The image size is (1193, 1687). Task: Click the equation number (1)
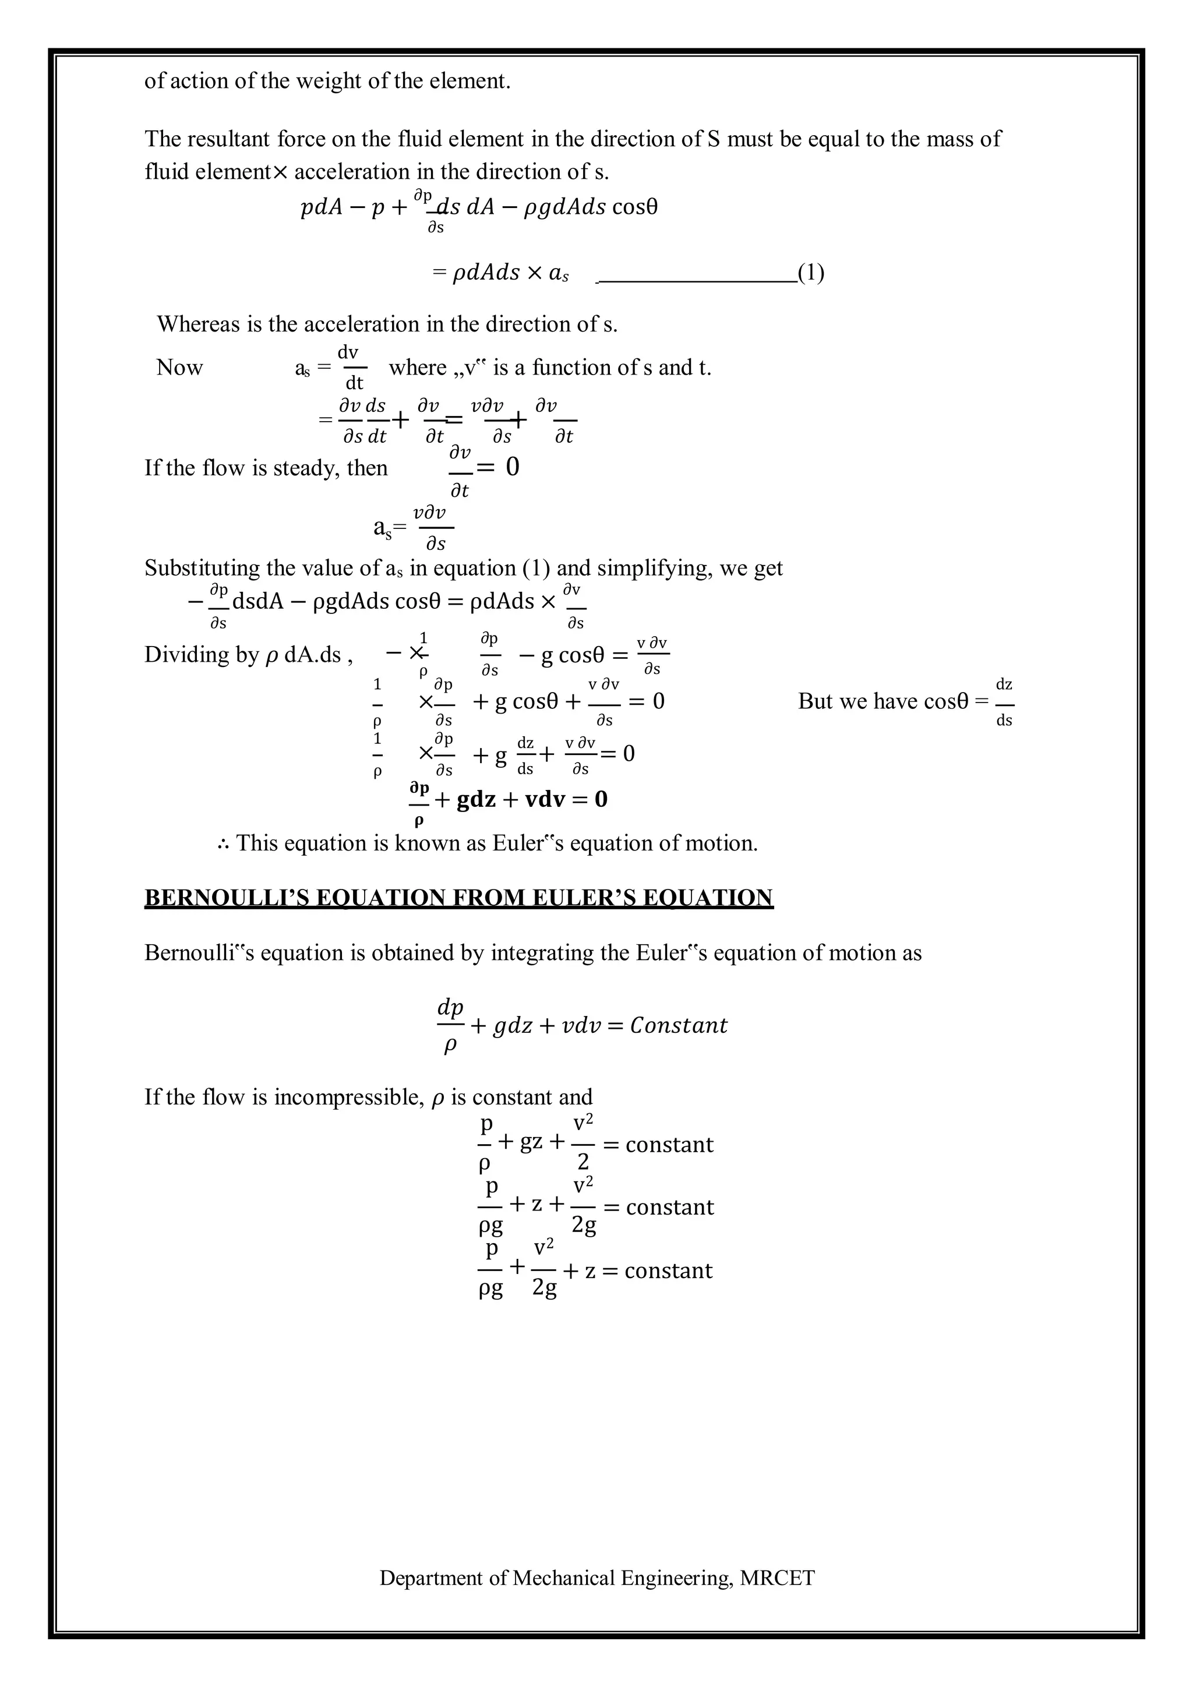tap(811, 273)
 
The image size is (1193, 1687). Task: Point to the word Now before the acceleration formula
tap(179, 368)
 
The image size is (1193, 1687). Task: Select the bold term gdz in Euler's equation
tap(476, 799)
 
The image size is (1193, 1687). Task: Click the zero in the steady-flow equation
tap(512, 467)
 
